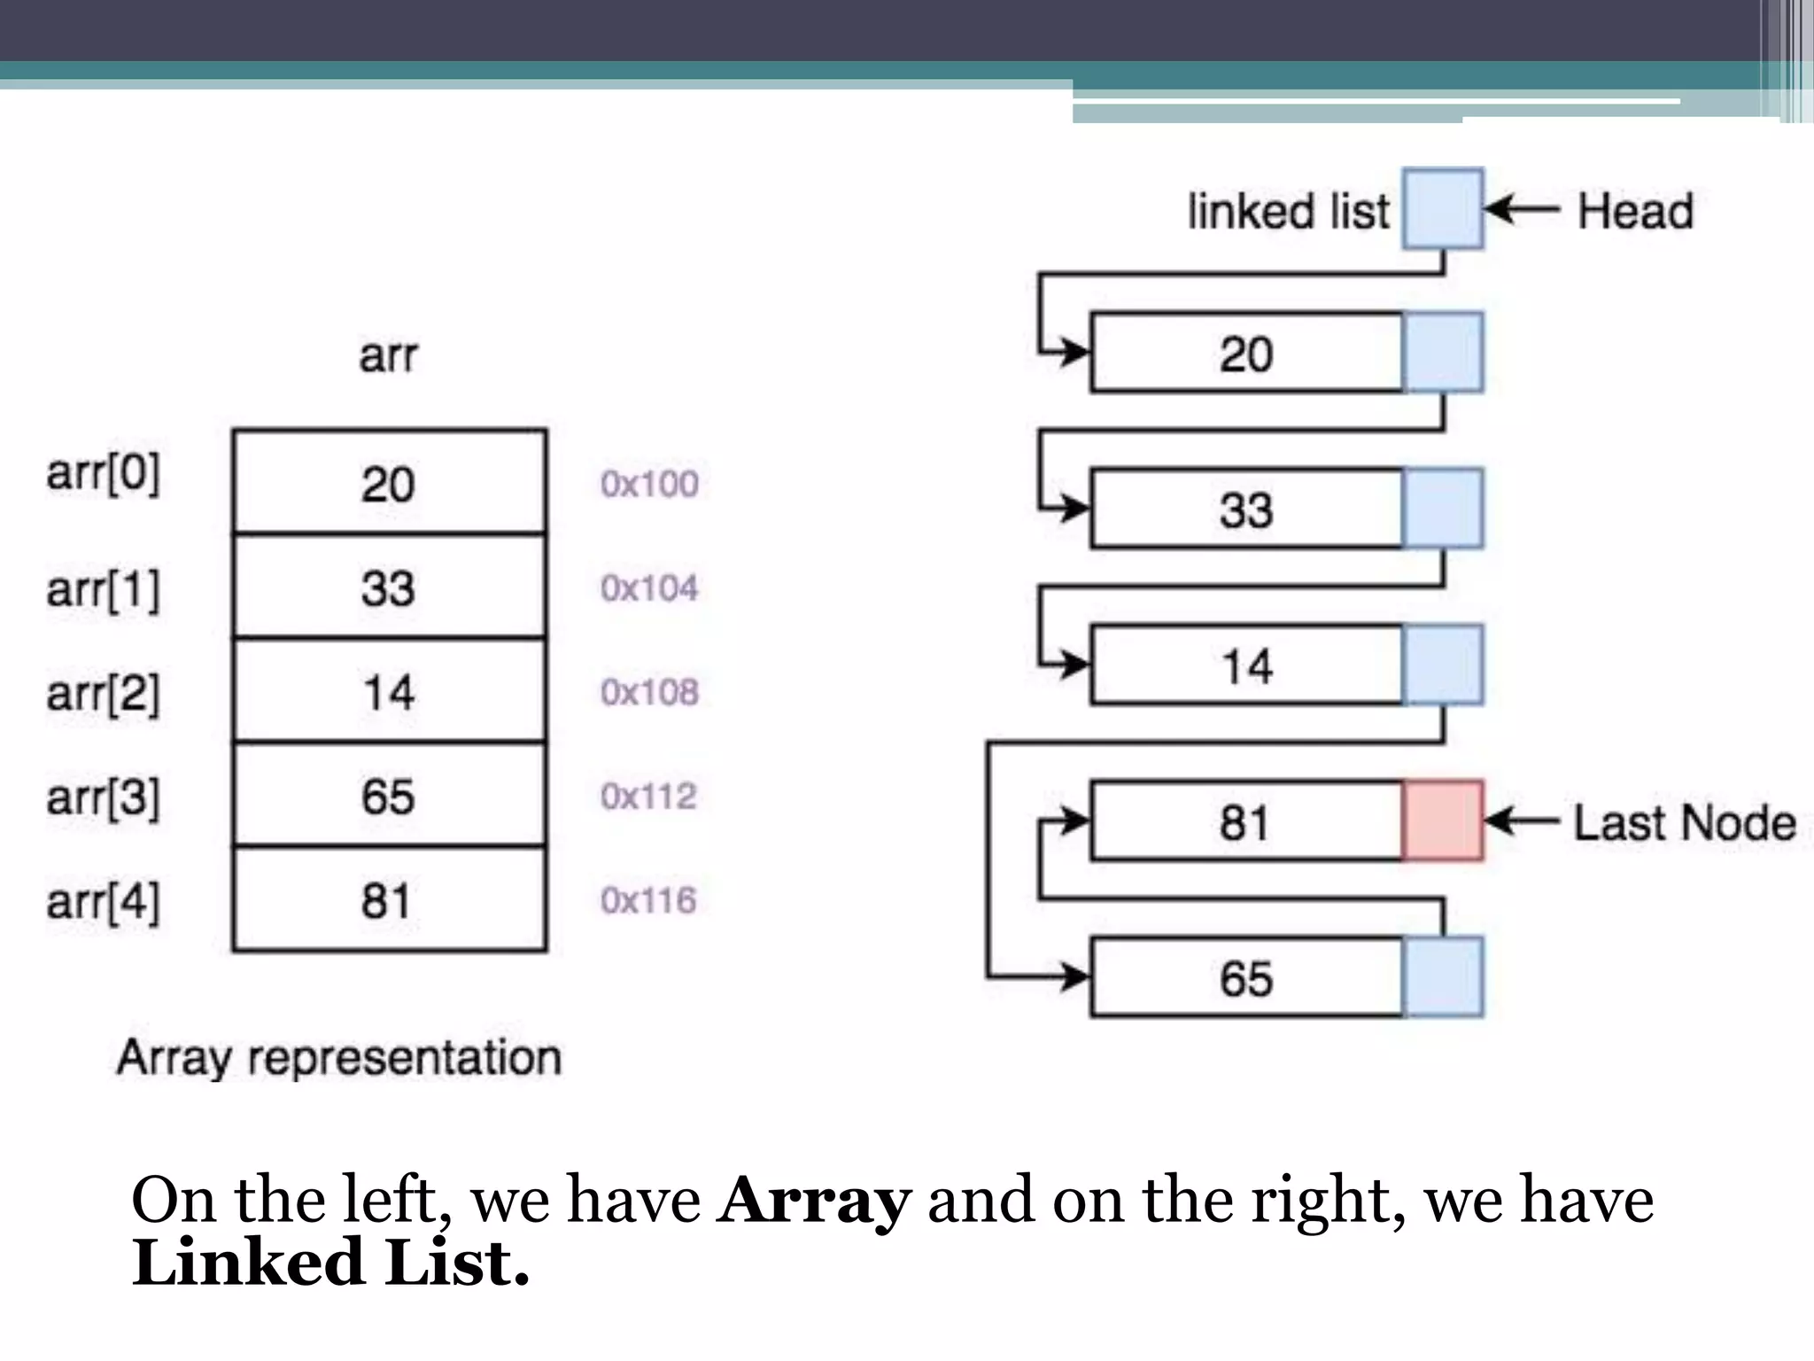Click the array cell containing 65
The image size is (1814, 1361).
point(389,795)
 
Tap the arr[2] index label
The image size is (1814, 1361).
point(104,693)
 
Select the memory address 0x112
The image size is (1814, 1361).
point(648,797)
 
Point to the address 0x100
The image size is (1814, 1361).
point(649,484)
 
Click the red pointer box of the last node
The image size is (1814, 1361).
point(1442,820)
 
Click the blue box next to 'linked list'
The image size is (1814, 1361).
point(1443,209)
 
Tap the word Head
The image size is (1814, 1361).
point(1634,212)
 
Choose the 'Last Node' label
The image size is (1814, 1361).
point(1684,822)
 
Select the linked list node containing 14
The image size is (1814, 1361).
point(1246,665)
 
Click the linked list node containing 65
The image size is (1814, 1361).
point(1246,977)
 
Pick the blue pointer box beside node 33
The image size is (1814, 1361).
point(1443,509)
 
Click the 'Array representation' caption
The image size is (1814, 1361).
point(339,1058)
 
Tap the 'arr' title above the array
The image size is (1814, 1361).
point(388,356)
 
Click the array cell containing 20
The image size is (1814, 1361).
point(389,483)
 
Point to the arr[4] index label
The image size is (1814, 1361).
point(104,902)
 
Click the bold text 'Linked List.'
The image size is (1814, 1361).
point(330,1263)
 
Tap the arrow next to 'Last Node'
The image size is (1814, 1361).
point(1522,821)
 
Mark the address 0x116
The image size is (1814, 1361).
point(648,901)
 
